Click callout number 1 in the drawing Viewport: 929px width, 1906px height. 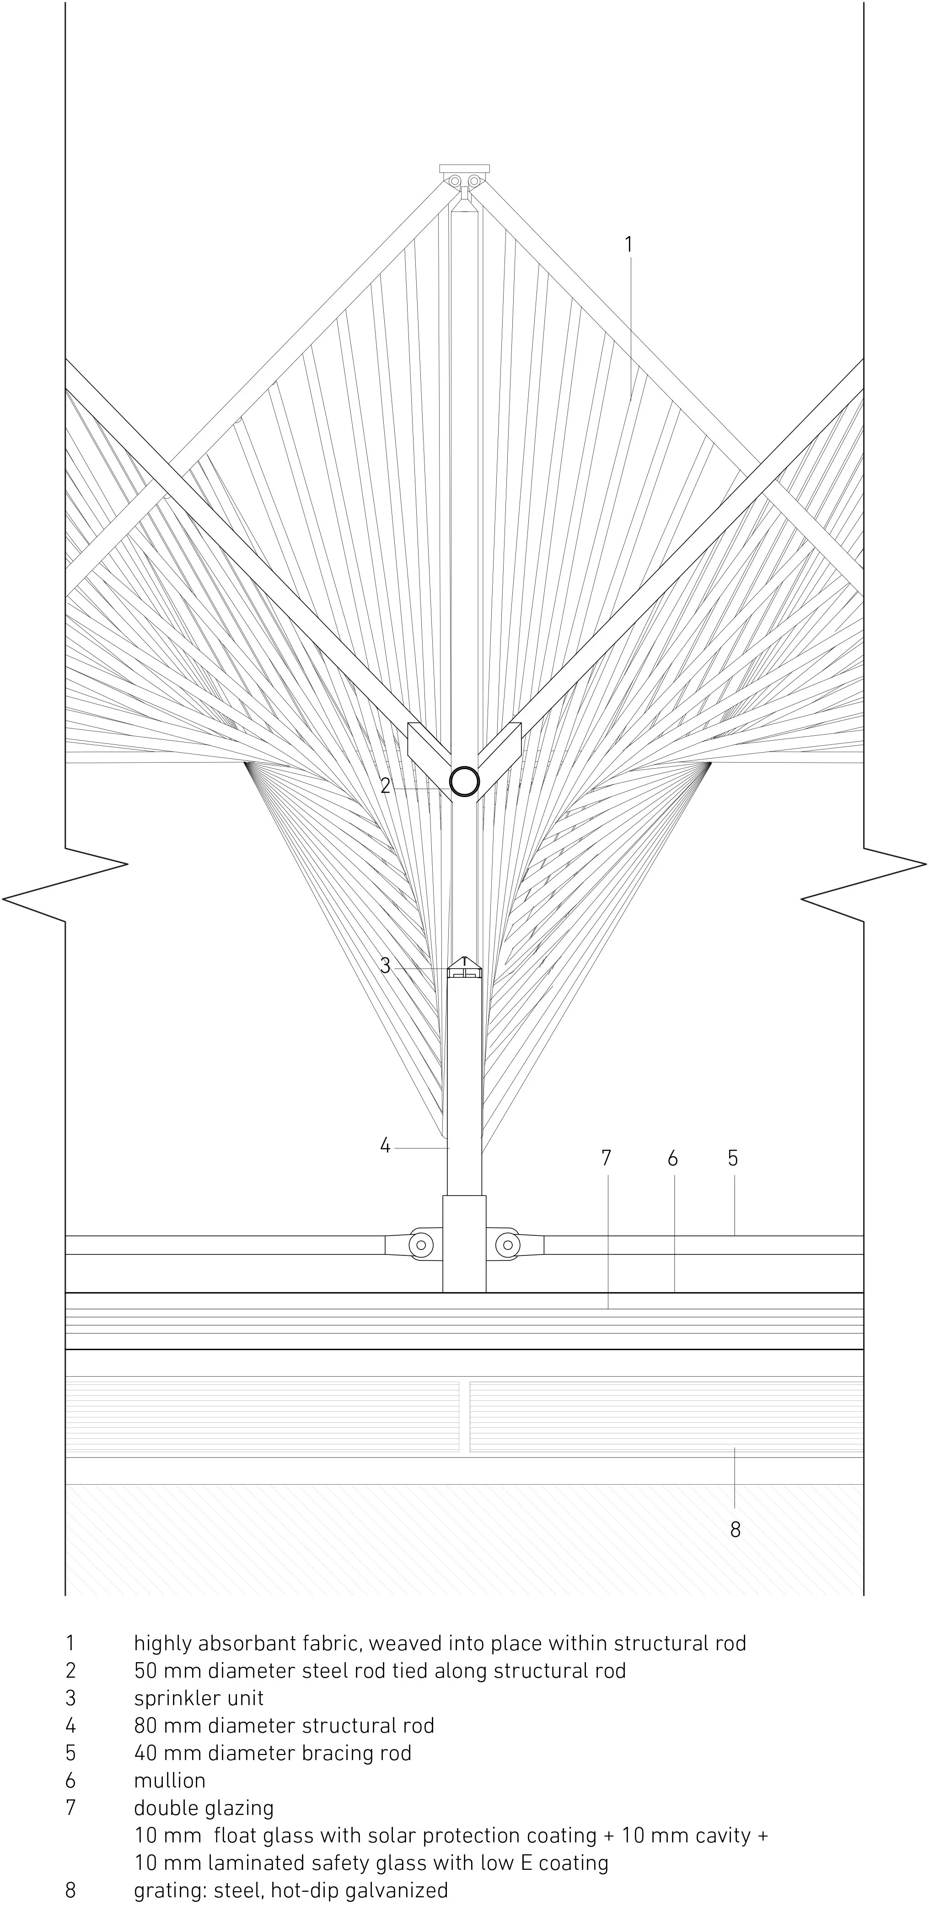628,244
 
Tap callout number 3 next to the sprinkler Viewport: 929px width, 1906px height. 385,965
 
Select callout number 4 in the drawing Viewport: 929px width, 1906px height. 385,1146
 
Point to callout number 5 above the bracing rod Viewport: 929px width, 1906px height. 732,1158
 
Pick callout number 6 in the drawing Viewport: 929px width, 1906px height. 672,1158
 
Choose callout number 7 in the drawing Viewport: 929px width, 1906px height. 607,1158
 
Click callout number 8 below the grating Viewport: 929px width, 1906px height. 735,1529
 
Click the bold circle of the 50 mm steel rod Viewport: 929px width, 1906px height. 465,781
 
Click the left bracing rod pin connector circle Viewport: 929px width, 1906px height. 421,1244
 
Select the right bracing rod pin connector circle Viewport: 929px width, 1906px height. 507,1244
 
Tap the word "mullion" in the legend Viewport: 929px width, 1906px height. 169,1780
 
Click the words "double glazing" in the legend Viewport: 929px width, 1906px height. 204,1808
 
